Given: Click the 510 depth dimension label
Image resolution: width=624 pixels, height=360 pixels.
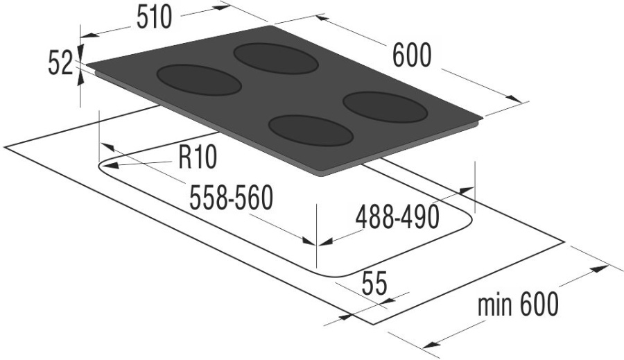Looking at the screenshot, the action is click(154, 18).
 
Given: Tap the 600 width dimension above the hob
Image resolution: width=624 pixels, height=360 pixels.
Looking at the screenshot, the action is click(411, 55).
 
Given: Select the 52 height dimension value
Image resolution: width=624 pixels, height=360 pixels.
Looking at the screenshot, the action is click(60, 64).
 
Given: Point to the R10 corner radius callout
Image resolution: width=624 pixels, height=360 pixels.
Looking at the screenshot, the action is click(198, 157).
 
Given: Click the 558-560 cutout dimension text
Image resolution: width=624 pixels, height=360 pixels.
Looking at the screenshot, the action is click(231, 198).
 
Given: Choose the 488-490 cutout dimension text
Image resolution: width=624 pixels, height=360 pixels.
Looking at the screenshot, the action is click(397, 217).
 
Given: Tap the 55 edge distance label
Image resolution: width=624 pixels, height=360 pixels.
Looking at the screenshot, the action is click(374, 284).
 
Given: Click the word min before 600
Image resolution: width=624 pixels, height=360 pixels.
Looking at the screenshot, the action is click(494, 305).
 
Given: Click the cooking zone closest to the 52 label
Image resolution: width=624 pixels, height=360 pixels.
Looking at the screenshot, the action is click(199, 80).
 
